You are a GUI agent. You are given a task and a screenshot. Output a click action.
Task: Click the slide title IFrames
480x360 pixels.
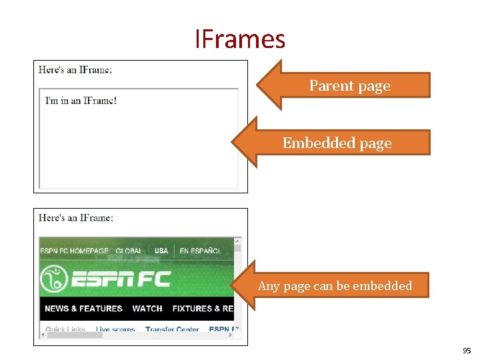[x=240, y=39]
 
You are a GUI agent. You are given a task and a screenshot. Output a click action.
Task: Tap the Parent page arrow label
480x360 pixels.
[x=349, y=86]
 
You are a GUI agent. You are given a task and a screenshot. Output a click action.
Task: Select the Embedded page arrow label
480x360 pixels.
[x=337, y=143]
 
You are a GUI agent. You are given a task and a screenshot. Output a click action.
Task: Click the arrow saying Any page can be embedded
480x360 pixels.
[x=335, y=286]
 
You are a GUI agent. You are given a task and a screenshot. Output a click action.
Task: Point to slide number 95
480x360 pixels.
[x=465, y=351]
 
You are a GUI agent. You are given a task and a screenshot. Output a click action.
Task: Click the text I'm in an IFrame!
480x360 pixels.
[x=81, y=101]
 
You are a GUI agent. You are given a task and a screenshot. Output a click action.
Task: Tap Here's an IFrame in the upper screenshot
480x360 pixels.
[x=75, y=69]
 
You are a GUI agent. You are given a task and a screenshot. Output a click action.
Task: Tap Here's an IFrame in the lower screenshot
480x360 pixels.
[x=75, y=217]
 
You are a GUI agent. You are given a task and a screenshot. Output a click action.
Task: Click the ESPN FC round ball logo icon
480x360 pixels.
[x=54, y=279]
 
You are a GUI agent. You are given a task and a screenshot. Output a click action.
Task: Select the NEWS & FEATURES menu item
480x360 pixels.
[x=83, y=309]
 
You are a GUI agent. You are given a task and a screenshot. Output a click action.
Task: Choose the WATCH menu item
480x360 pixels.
[x=147, y=309]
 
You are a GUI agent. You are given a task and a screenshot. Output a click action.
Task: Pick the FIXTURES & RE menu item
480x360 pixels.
[x=203, y=309]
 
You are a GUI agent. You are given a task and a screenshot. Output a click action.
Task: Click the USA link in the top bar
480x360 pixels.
[x=161, y=251]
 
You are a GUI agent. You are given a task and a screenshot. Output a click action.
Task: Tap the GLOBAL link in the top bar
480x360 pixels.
[x=129, y=251]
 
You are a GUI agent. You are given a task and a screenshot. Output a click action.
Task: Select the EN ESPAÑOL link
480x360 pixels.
[x=200, y=251]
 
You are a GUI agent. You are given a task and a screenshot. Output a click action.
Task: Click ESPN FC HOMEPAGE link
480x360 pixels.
[x=73, y=251]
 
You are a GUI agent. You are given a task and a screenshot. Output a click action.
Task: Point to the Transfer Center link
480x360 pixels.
[x=172, y=329]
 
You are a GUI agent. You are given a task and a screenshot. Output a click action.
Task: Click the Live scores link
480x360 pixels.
[x=115, y=329]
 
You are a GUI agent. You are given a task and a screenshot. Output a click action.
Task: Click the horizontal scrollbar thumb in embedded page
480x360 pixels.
[x=74, y=335]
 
